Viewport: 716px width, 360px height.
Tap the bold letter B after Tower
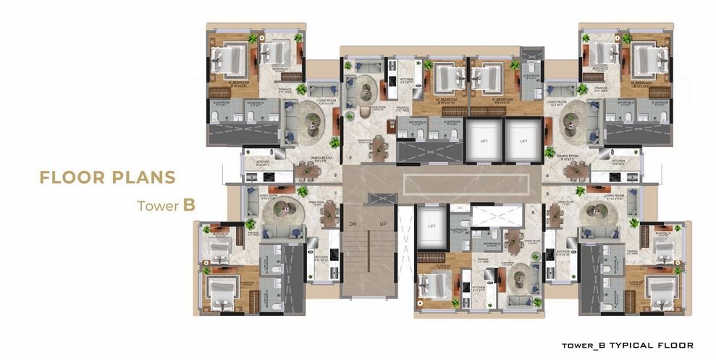(x=189, y=206)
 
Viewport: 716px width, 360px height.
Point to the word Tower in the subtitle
(x=159, y=206)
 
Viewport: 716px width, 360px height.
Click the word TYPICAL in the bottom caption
(x=631, y=345)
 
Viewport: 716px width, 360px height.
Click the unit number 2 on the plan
(x=336, y=175)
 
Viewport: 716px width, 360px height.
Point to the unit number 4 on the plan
(x=548, y=175)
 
